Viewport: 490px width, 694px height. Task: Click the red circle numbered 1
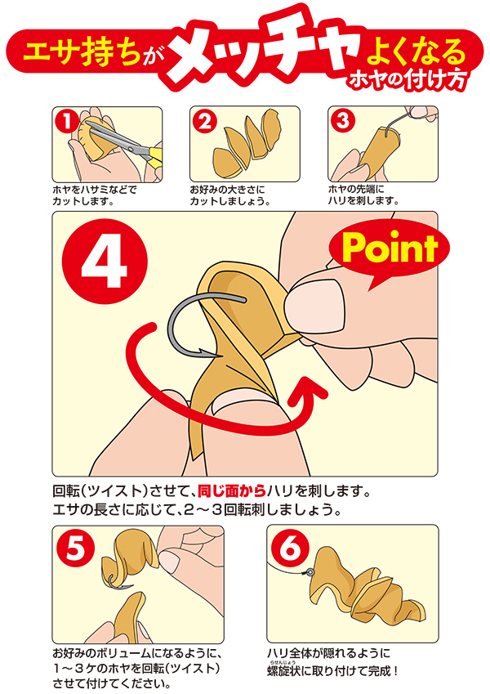(x=66, y=121)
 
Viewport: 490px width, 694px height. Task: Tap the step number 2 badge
(x=205, y=121)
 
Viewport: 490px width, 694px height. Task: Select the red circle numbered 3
(x=343, y=121)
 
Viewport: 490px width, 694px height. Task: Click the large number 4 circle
(x=105, y=262)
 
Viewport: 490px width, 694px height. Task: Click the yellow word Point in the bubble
(x=390, y=248)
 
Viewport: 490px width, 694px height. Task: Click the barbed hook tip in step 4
(x=208, y=353)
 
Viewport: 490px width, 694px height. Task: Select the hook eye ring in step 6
(x=310, y=573)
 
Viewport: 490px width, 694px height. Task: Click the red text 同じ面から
(x=231, y=491)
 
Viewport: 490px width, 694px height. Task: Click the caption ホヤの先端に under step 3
(x=356, y=190)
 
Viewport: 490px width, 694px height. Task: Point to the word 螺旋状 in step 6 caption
(x=284, y=671)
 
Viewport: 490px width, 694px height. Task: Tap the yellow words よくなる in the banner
(x=416, y=51)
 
